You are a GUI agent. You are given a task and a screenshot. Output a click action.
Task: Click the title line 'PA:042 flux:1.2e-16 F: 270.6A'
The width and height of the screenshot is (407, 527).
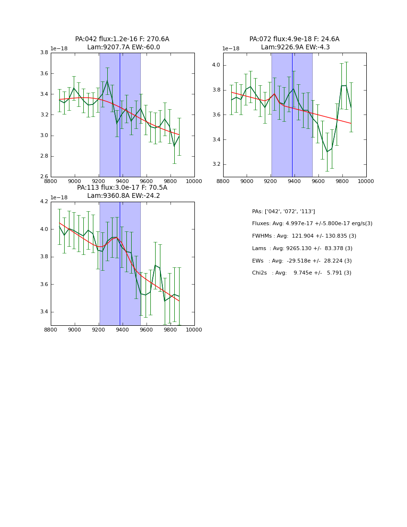click(122, 39)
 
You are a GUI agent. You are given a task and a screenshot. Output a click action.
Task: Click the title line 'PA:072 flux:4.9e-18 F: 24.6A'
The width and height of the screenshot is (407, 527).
click(294, 39)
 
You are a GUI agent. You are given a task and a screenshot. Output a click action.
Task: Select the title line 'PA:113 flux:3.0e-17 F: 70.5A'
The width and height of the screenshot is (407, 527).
click(122, 188)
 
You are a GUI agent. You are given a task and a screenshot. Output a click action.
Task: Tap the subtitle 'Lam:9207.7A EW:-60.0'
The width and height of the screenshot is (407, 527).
click(124, 47)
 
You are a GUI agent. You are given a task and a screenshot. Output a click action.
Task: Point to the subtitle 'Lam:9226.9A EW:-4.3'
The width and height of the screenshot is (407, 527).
click(295, 47)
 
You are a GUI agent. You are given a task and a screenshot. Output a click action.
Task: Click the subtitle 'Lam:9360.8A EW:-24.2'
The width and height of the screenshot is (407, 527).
click(124, 196)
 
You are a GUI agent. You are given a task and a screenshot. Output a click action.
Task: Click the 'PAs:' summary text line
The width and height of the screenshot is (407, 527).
click(283, 211)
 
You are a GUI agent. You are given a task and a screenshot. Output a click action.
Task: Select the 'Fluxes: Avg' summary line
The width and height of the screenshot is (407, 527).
click(312, 224)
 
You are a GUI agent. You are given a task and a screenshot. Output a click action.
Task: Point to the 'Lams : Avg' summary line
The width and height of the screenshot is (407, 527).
click(302, 248)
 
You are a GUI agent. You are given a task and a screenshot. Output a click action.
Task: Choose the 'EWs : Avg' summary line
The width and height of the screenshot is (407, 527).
click(302, 261)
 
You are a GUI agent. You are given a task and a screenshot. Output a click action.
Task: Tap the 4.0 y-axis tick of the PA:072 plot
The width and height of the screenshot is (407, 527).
click(215, 65)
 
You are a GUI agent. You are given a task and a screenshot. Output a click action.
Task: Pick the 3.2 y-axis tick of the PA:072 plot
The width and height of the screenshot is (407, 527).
click(215, 164)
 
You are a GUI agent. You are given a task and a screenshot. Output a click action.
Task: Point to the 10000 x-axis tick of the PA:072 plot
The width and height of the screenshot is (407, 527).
click(366, 181)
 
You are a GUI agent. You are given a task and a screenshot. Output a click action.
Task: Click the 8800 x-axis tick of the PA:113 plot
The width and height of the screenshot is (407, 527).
click(51, 330)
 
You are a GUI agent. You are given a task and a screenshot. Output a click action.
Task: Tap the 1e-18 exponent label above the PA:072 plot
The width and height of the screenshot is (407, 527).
click(231, 48)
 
